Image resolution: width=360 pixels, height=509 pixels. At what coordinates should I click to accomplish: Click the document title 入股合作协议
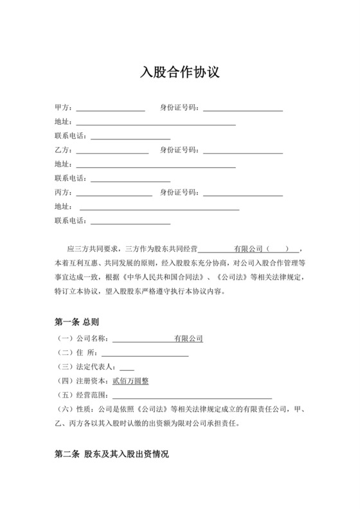tap(180, 72)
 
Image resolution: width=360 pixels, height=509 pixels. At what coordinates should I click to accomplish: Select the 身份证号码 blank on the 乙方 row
tap(243, 150)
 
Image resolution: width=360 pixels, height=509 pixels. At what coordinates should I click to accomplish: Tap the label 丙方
tap(64, 193)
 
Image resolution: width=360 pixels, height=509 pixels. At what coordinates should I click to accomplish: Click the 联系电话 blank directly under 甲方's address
tap(130, 136)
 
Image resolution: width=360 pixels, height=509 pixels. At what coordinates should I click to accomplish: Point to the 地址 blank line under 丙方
tap(159, 207)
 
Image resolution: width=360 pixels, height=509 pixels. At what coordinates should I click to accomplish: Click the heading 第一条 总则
tap(76, 321)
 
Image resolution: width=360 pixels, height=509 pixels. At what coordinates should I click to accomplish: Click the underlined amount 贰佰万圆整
tap(130, 380)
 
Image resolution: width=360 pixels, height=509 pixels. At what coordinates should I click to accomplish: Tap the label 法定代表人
tap(96, 366)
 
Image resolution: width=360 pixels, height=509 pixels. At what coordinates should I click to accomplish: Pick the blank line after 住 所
tap(145, 352)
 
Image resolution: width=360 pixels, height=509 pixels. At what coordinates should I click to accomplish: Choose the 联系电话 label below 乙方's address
tap(71, 179)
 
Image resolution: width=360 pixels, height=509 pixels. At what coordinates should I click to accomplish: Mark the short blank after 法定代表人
tap(127, 366)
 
